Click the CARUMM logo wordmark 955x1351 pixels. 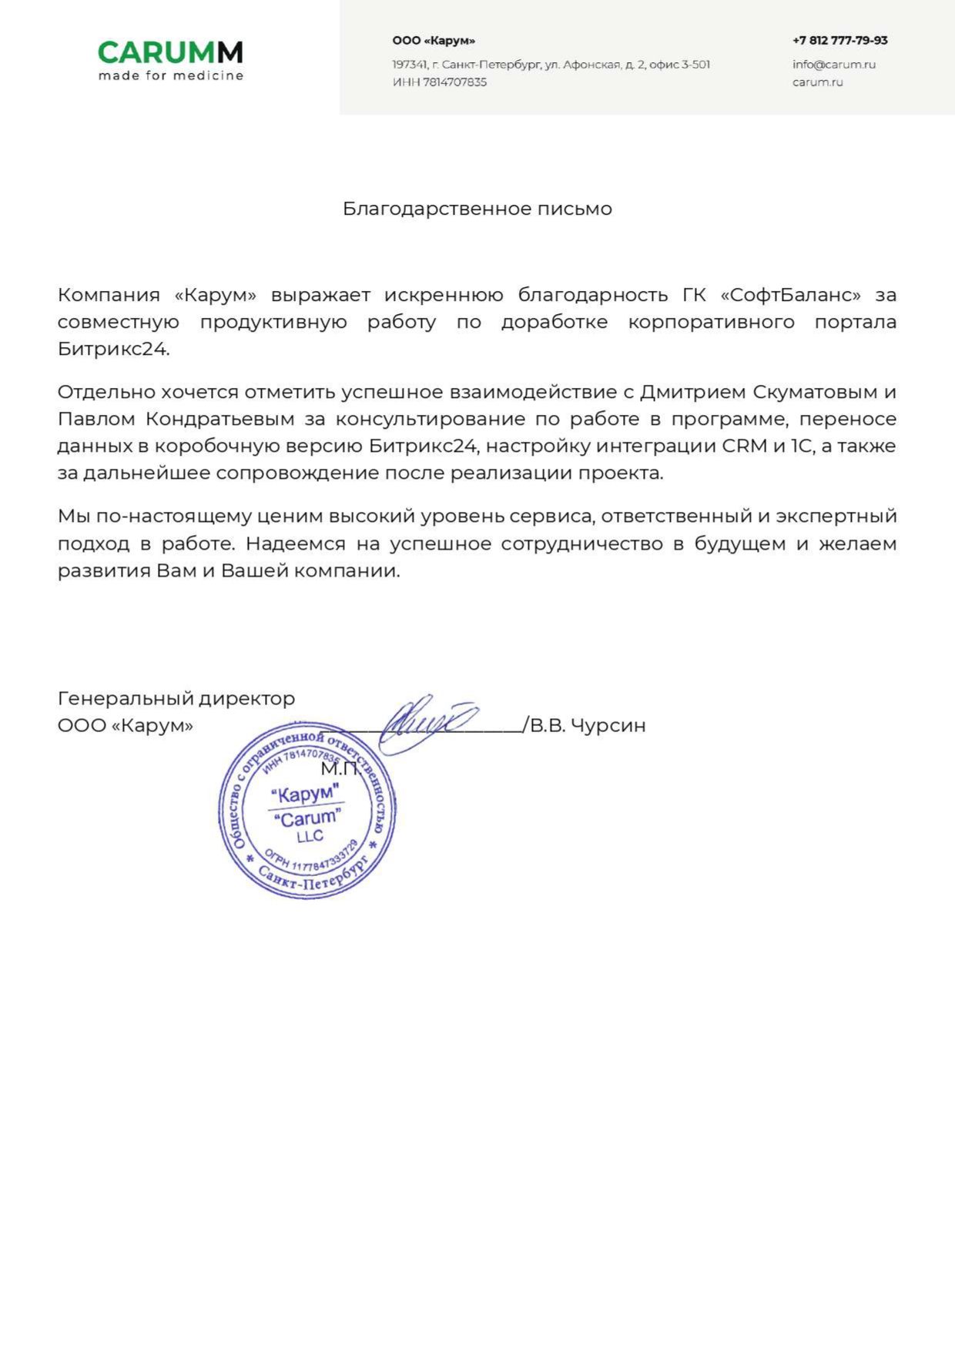[x=170, y=52]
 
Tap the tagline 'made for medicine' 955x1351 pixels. [x=171, y=75]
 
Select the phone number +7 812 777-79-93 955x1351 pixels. [x=839, y=40]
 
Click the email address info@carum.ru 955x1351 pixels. [x=833, y=65]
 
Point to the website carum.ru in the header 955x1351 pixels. [x=817, y=82]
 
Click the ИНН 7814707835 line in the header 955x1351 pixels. [x=439, y=82]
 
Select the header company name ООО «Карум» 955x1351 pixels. [x=433, y=40]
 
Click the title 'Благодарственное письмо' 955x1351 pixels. [x=477, y=209]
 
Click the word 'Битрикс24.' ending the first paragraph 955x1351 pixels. [x=113, y=349]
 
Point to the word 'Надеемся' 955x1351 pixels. [x=296, y=543]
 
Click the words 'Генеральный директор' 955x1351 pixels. [x=176, y=698]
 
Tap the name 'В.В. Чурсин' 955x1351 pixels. [x=587, y=725]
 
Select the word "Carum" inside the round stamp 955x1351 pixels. [x=307, y=818]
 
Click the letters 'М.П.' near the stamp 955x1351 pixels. [x=340, y=767]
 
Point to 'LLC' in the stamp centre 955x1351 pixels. [x=310, y=837]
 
